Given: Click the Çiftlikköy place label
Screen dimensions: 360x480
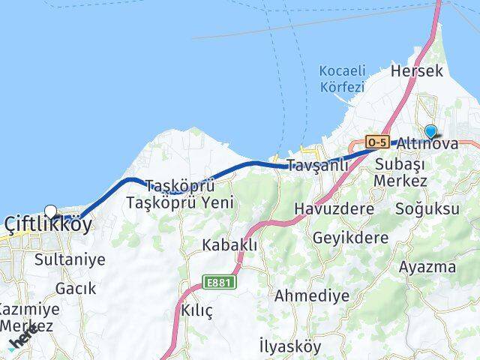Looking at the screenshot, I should pos(49,224).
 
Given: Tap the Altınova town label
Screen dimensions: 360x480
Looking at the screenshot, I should pos(427,143).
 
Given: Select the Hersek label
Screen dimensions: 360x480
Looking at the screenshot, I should pos(418,71).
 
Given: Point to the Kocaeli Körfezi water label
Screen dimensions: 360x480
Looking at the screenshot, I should pos(342,79).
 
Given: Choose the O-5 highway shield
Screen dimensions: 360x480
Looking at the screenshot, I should pos(376,141).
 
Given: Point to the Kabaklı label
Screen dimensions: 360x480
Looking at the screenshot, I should pos(230,244).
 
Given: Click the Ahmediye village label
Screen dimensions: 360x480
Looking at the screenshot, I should pos(312,295).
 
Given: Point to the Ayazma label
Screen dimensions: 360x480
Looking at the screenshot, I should pos(427,267).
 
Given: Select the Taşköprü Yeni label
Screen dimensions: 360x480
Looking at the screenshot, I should pos(181,202).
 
